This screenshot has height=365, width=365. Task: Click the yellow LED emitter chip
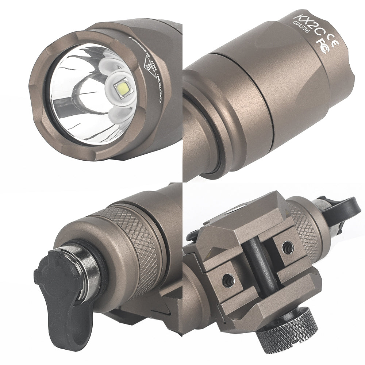click(x=122, y=88)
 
